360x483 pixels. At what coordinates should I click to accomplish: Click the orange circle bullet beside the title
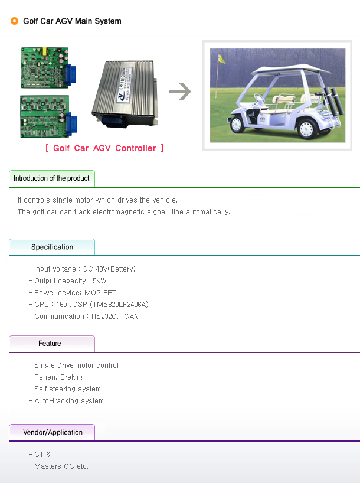pyautogui.click(x=15, y=21)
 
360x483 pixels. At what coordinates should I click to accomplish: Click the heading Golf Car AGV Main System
pyautogui.click(x=72, y=21)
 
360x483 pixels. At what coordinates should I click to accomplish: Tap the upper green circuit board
pyautogui.click(x=48, y=68)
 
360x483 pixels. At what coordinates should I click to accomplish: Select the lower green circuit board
pyautogui.click(x=48, y=116)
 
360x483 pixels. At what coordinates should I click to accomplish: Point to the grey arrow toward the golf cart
pyautogui.click(x=180, y=92)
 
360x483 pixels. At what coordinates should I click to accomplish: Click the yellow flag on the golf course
pyautogui.click(x=221, y=59)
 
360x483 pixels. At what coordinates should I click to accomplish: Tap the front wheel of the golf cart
pyautogui.click(x=236, y=124)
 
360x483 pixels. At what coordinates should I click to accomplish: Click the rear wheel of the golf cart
pyautogui.click(x=306, y=129)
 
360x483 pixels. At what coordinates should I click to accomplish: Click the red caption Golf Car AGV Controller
pyautogui.click(x=104, y=148)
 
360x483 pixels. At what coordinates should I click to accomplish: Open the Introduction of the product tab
pyautogui.click(x=52, y=178)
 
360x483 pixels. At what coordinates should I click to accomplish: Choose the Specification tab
pyautogui.click(x=52, y=247)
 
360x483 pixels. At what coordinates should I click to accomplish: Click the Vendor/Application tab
pyautogui.click(x=52, y=432)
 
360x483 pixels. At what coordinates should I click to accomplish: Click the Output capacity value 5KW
pyautogui.click(x=100, y=281)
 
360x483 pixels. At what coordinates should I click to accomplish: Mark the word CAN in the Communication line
pyautogui.click(x=131, y=316)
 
